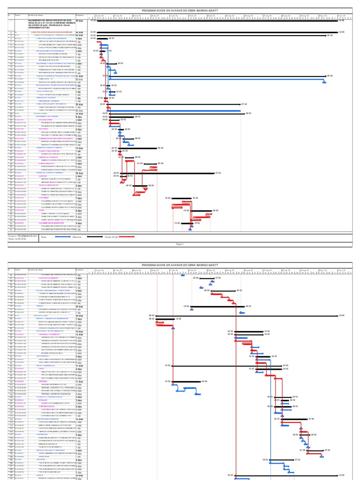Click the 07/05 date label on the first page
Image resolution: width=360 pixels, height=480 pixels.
click(x=244, y=105)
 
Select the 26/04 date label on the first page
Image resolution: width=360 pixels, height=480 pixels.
click(x=216, y=210)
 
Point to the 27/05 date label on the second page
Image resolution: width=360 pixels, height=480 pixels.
click(x=297, y=460)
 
